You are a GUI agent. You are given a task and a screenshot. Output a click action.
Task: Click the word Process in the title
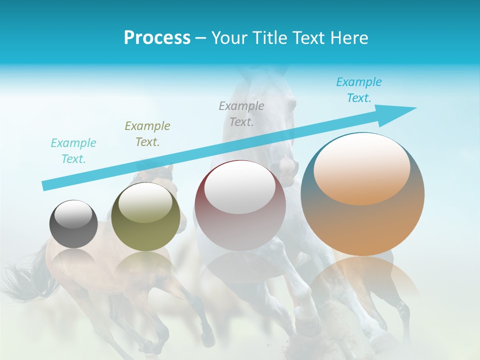click(x=157, y=38)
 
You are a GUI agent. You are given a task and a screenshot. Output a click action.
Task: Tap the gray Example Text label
click(x=241, y=114)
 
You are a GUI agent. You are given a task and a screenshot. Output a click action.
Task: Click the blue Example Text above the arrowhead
click(x=358, y=90)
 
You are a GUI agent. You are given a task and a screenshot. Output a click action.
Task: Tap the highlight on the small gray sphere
click(x=73, y=214)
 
